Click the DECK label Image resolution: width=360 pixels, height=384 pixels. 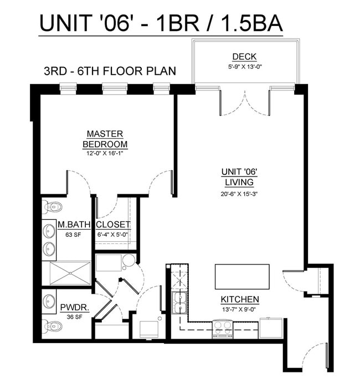244,56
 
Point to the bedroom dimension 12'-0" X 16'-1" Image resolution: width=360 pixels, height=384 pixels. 105,153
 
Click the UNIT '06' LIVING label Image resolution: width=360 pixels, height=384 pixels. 239,177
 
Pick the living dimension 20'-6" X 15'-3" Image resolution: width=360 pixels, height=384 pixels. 239,193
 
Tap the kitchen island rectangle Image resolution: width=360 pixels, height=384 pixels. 242,276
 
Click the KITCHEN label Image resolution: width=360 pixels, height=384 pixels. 240,299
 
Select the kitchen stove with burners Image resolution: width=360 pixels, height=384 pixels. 223,330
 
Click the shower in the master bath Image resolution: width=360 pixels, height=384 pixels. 66,273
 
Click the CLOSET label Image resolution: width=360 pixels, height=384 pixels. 114,225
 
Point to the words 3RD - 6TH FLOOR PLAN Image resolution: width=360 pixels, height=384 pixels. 110,71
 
